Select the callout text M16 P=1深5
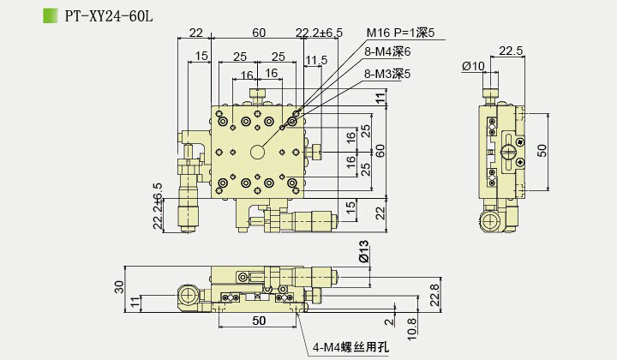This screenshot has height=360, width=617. click(401, 33)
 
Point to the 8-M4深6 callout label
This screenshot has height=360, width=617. click(387, 53)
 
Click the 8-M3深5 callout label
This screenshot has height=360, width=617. click(387, 75)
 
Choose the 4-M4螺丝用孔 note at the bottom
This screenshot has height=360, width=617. click(350, 347)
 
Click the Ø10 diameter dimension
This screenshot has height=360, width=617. click(473, 66)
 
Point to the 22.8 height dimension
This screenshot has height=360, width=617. click(434, 294)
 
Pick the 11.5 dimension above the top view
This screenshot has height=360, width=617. click(316, 60)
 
